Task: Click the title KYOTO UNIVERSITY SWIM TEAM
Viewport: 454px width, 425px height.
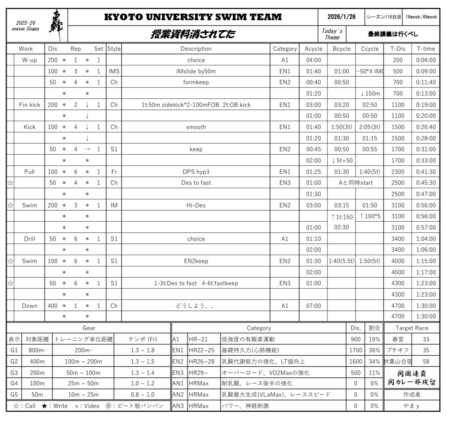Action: click(x=193, y=17)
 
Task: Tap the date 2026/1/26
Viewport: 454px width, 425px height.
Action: click(x=341, y=17)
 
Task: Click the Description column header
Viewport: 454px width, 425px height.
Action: click(x=196, y=49)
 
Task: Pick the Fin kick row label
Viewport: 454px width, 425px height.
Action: click(x=29, y=105)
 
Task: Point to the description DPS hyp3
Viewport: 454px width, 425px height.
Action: click(x=196, y=172)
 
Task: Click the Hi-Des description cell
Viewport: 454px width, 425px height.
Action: click(x=196, y=205)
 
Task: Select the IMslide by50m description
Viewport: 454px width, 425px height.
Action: click(x=196, y=71)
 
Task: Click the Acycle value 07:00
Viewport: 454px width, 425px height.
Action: click(x=313, y=306)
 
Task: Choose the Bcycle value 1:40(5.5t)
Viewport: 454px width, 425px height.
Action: click(x=342, y=261)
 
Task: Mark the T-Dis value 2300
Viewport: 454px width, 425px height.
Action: click(x=398, y=172)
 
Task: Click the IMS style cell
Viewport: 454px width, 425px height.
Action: click(x=113, y=71)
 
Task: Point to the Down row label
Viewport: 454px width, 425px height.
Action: click(x=29, y=306)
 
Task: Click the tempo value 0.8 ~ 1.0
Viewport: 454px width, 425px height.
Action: click(x=143, y=394)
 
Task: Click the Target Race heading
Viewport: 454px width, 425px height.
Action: click(x=412, y=328)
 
